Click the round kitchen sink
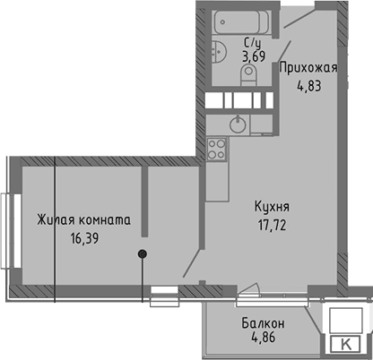click(x=239, y=122)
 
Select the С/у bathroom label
click(x=252, y=42)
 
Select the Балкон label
click(x=264, y=323)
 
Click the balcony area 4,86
click(x=264, y=339)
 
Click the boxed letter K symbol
click(x=346, y=344)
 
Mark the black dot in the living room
click(x=142, y=254)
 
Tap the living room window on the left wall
click(x=7, y=232)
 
